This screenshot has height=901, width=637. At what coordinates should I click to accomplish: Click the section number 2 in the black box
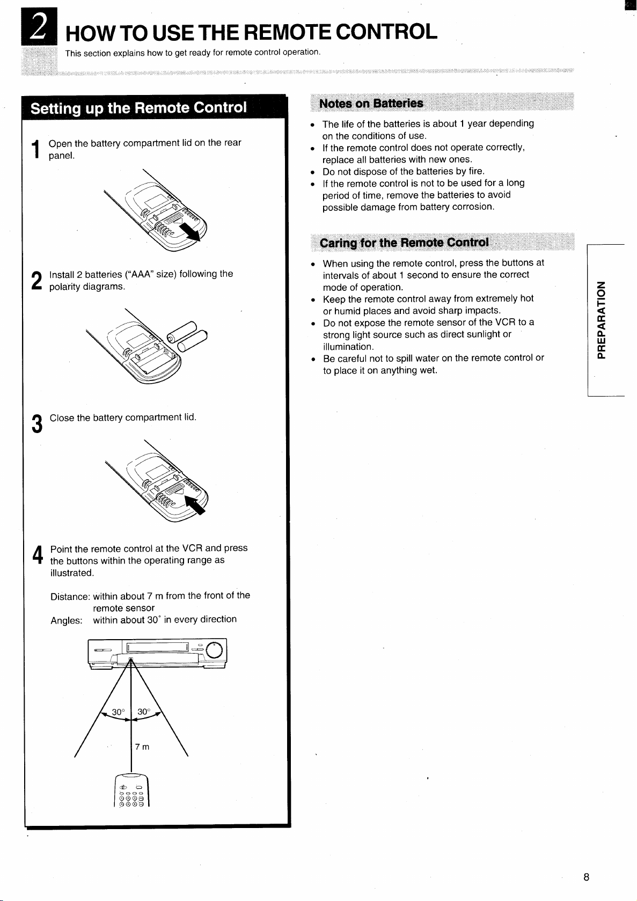click(39, 26)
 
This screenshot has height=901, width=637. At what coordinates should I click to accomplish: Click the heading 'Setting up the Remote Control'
click(139, 108)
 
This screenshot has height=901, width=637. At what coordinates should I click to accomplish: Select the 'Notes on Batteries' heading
click(371, 104)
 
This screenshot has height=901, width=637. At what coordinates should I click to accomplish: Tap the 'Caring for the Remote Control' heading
click(404, 243)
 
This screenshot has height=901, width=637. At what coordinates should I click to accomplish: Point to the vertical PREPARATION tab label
click(601, 320)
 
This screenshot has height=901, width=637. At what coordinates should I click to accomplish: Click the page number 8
click(587, 877)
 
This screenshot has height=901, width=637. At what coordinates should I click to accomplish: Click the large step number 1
click(36, 149)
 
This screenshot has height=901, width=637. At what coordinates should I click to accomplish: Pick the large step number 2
click(36, 280)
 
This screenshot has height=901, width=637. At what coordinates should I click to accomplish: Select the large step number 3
click(36, 424)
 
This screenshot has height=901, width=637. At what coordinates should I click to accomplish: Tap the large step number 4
click(38, 555)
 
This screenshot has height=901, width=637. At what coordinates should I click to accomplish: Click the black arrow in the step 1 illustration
click(190, 232)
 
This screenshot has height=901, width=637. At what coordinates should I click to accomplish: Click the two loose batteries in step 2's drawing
click(187, 336)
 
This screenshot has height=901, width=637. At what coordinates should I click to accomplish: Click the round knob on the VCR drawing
click(214, 650)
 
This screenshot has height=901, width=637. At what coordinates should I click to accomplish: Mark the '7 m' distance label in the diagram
click(142, 746)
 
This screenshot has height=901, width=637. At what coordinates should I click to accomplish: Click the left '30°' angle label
click(118, 712)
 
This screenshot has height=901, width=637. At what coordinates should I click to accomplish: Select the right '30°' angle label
click(144, 711)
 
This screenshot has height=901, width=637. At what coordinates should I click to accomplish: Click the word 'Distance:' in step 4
click(70, 597)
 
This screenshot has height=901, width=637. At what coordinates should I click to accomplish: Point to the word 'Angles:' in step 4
click(67, 621)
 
